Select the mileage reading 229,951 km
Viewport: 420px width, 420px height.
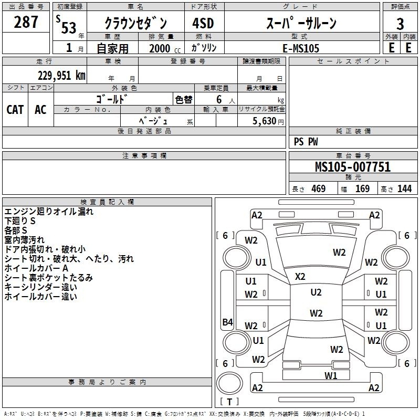[61, 75]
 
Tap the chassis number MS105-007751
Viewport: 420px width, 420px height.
[353, 167]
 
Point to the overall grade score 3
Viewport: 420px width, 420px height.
[400, 24]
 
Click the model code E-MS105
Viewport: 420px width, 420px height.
[300, 48]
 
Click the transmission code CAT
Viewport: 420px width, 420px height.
[15, 110]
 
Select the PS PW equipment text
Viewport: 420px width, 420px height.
[306, 142]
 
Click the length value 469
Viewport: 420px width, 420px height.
[318, 188]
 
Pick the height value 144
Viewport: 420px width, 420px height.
[404, 188]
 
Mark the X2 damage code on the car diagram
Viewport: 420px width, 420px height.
[300, 276]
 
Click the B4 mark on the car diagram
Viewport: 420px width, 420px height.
[227, 322]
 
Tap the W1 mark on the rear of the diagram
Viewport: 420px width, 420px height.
[330, 375]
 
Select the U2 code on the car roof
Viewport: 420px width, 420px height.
[316, 292]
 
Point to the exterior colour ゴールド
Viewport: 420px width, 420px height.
[112, 99]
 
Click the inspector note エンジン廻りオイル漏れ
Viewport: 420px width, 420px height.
[49, 212]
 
